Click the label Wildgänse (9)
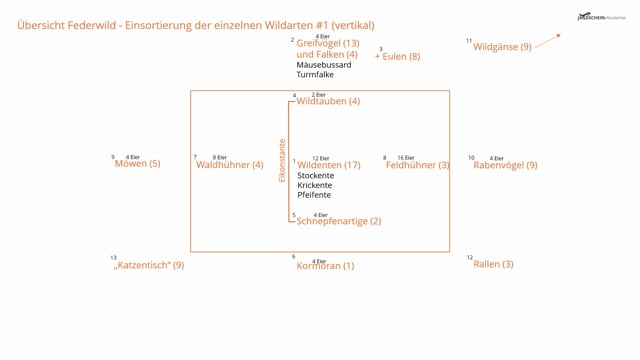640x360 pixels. click(x=502, y=47)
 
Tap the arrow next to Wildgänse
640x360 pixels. click(x=548, y=40)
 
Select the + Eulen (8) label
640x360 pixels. click(x=397, y=57)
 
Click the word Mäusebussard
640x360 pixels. click(x=324, y=65)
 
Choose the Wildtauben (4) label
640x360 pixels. click(x=328, y=102)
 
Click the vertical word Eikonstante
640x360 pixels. click(x=282, y=160)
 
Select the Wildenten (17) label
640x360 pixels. click(x=329, y=165)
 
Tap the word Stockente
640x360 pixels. click(x=316, y=176)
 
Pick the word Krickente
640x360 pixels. click(x=315, y=185)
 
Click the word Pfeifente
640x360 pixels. click(x=314, y=195)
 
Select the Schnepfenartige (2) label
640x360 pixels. click(x=339, y=221)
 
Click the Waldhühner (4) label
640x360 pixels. click(x=229, y=165)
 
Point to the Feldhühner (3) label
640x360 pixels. click(x=417, y=165)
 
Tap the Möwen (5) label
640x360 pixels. click(x=137, y=164)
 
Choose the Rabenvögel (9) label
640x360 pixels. click(x=505, y=165)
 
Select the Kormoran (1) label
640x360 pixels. click(x=325, y=266)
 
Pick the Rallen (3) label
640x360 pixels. click(x=493, y=265)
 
